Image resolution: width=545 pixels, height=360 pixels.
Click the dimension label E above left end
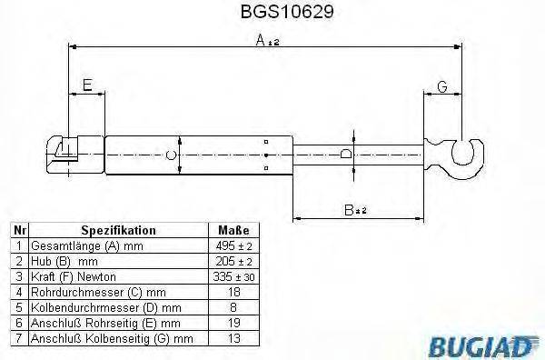[87, 85]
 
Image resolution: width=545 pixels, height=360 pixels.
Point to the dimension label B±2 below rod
[355, 209]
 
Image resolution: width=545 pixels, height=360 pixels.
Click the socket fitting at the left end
[64, 150]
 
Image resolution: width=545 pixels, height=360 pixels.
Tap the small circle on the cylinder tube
[171, 155]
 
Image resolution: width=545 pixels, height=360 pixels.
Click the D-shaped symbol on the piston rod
[346, 155]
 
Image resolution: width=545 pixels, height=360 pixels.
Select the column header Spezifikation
[118, 231]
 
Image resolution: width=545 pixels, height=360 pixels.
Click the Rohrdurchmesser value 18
[234, 293]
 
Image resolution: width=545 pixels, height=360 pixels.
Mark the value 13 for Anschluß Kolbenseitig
[234, 339]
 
